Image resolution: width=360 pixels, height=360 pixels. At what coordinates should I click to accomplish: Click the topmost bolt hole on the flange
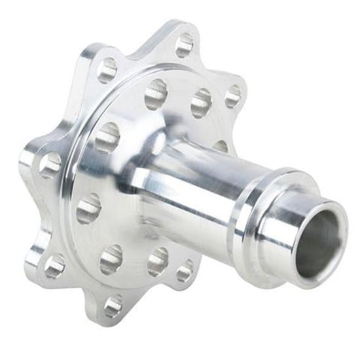[185, 45]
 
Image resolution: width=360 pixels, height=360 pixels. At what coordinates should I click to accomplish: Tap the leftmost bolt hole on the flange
[50, 165]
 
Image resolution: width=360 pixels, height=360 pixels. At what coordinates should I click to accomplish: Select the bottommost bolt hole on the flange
[113, 305]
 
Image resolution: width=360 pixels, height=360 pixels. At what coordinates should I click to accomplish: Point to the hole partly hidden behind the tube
[221, 145]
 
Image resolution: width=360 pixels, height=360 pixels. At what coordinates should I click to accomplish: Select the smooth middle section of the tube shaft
[196, 190]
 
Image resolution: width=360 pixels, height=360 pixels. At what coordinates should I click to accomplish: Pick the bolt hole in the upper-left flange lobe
[107, 69]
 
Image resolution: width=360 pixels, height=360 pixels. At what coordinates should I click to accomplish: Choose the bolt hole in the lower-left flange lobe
[54, 265]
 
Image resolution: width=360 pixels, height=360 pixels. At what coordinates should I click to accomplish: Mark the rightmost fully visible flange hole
[233, 96]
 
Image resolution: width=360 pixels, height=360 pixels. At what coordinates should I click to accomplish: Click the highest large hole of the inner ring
[156, 94]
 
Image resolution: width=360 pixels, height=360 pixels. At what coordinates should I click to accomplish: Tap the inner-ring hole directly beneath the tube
[158, 261]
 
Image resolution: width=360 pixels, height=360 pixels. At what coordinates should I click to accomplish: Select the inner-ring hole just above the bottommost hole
[111, 259]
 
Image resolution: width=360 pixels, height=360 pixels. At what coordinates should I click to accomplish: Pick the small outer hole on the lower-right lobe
[185, 270]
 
